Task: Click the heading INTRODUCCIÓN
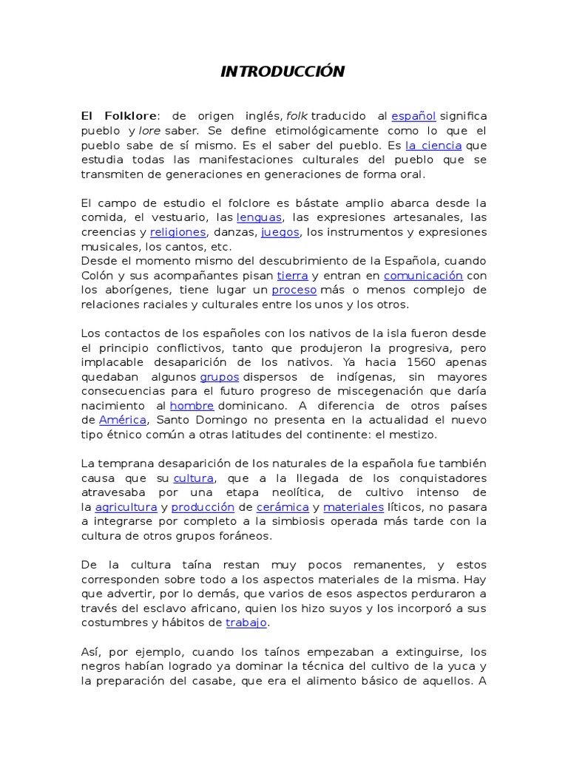click(x=283, y=72)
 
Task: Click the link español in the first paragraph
click(x=413, y=116)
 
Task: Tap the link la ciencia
click(x=433, y=146)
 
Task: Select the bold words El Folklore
click(x=118, y=116)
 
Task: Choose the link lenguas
click(x=259, y=217)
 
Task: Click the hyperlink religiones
click(x=177, y=232)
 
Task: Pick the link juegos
click(x=280, y=232)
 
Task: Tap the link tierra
click(x=292, y=276)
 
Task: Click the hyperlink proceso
click(x=294, y=290)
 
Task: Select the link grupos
click(x=219, y=377)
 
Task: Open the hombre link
click(x=192, y=406)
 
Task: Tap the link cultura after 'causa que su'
click(x=193, y=478)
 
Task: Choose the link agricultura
click(x=126, y=507)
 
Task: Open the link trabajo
click(x=246, y=622)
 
